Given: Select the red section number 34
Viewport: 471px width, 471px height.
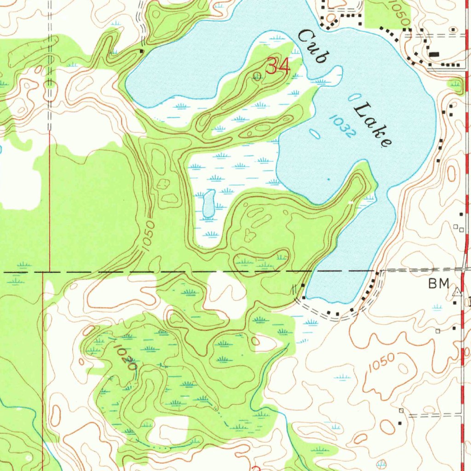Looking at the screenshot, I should pyautogui.click(x=278, y=67).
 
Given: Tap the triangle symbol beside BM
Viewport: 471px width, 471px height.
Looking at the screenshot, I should pyautogui.click(x=457, y=292).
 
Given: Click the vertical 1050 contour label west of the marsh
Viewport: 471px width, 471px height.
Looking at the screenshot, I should pyautogui.click(x=148, y=237).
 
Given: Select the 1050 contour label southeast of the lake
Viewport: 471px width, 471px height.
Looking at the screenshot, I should pyautogui.click(x=381, y=363).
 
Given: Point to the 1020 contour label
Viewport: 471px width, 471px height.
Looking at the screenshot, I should pyautogui.click(x=124, y=357).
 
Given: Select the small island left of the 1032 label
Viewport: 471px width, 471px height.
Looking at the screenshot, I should pyautogui.click(x=315, y=134).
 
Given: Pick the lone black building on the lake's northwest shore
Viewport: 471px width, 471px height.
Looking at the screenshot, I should pyautogui.click(x=142, y=51).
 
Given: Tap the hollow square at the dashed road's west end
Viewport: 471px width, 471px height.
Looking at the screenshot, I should pyautogui.click(x=401, y=410).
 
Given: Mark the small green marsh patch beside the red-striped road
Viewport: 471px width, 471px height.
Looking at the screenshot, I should pyautogui.click(x=455, y=84).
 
